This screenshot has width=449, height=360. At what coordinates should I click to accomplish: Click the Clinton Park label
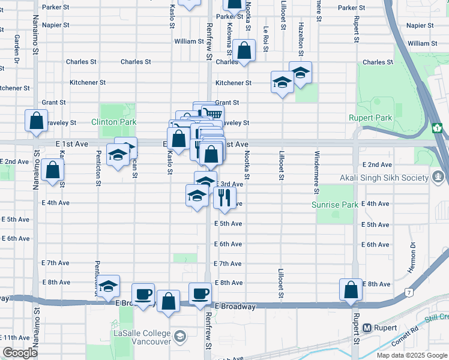point(114,122)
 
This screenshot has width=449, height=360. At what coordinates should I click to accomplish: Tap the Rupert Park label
point(370,118)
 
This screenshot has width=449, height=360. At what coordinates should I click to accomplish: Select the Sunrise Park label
point(335,205)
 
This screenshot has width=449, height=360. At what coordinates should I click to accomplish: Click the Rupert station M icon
point(367,328)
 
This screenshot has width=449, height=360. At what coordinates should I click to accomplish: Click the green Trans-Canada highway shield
point(437,128)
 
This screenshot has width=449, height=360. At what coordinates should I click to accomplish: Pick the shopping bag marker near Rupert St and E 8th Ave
point(351,290)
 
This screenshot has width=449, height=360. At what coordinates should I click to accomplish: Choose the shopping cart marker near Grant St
point(212,113)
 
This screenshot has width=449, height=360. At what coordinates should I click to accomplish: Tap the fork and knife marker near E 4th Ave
point(224,197)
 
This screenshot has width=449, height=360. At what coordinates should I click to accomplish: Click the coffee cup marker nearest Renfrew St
point(200,293)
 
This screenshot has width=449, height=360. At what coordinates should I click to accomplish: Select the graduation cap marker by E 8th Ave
point(108,286)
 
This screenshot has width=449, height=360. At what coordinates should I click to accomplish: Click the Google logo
point(20,353)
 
